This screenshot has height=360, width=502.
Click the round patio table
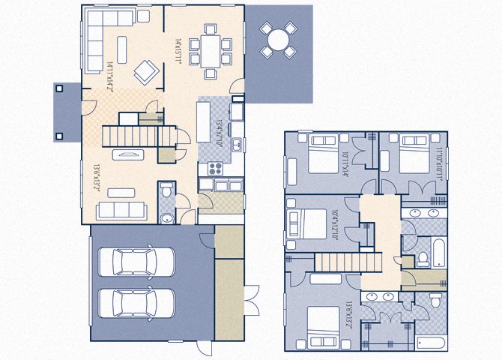click(x=278, y=39)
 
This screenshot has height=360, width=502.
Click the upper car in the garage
click(x=143, y=262)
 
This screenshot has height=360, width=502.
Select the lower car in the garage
click(x=143, y=303)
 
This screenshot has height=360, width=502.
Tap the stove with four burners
click(x=214, y=169)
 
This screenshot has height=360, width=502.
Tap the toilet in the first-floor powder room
click(x=166, y=196)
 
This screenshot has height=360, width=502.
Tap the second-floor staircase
click(x=337, y=263)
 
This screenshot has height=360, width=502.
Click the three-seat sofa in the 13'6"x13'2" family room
click(x=121, y=210)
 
